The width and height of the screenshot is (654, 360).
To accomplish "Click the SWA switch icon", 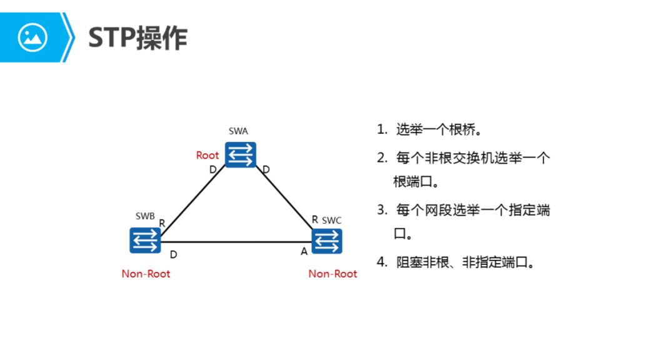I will tap(241, 154).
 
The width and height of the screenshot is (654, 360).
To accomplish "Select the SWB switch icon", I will tap(145, 241).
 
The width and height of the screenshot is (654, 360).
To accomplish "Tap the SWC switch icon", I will tap(327, 241).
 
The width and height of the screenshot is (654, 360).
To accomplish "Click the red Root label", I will tap(208, 155).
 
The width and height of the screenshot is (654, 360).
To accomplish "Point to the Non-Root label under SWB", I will tap(146, 274).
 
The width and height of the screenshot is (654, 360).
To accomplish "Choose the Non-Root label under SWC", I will tap(333, 274).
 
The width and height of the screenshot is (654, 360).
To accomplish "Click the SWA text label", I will tap(238, 131).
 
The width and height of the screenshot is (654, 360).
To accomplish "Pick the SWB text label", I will tap(145, 216).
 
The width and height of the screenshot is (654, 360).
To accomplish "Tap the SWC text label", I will tap(332, 221).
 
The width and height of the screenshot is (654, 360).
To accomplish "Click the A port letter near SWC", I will tap(304, 251).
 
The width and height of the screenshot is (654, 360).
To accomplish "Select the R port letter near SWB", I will tap(162, 223).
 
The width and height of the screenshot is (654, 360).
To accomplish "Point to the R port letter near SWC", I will tap(315, 219).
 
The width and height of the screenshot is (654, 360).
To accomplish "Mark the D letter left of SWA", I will tap(213, 169).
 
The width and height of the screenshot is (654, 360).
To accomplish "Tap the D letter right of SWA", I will tap(266, 169).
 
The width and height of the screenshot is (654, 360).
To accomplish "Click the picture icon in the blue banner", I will tap(33, 37).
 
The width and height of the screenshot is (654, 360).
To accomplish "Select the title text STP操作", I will tap(138, 38).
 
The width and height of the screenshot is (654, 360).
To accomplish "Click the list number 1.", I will tap(381, 130).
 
